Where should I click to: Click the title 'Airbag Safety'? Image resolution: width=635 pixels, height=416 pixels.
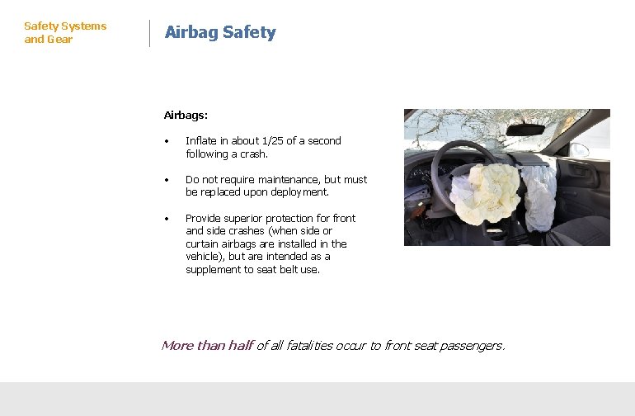pos(220,33)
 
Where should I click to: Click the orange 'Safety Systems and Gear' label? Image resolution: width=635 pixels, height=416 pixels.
pos(65,33)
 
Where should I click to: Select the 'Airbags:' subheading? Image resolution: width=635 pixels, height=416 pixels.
pos(186,116)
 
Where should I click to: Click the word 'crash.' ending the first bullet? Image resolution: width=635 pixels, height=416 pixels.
pos(253,154)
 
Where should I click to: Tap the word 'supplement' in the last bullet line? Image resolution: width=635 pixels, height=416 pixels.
pos(213,270)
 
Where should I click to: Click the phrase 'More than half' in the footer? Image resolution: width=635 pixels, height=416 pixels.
pos(206,346)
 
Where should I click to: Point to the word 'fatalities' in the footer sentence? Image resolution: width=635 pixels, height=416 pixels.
pos(308,346)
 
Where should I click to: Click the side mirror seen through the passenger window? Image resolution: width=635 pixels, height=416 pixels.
pos(581,149)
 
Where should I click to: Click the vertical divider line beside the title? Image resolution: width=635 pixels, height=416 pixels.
pos(149,33)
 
